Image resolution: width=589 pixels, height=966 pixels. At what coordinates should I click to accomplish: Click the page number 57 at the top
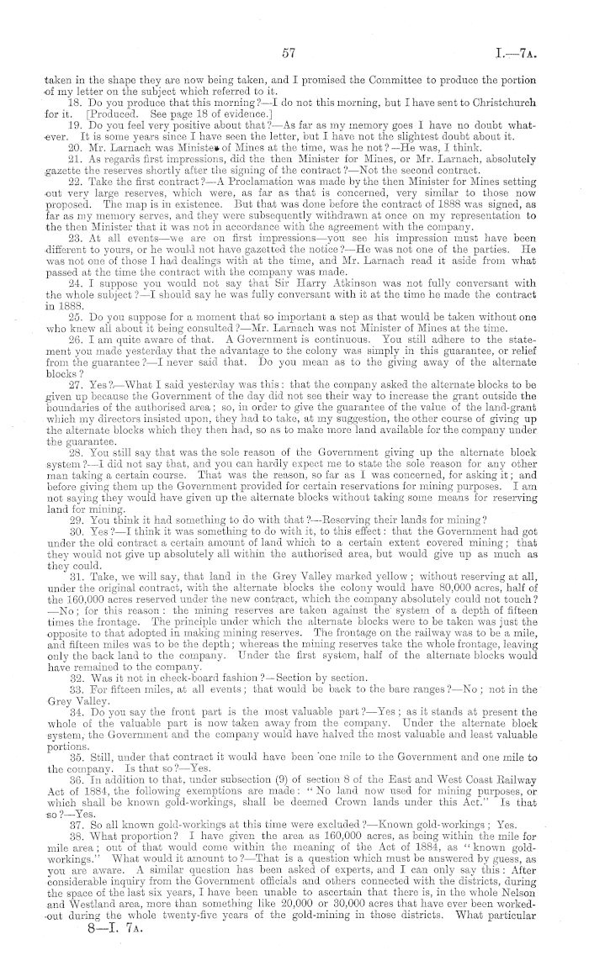pos(291,52)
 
